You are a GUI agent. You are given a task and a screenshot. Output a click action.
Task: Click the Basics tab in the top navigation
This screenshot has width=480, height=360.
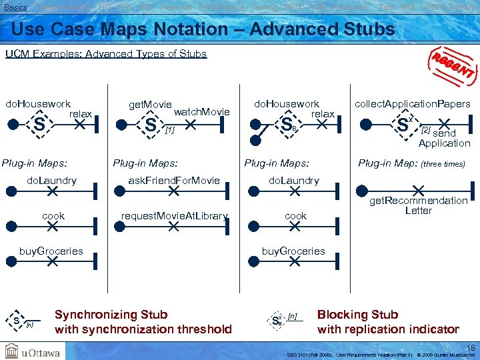point(15,7)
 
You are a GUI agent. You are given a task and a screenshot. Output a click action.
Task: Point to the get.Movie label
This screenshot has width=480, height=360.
point(150,105)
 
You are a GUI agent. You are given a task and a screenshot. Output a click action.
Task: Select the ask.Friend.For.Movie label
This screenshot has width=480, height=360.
point(173,181)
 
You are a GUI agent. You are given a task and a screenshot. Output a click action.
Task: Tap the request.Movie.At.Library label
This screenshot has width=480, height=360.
point(174,215)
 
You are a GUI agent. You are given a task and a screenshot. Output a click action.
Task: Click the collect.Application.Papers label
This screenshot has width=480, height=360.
point(412,104)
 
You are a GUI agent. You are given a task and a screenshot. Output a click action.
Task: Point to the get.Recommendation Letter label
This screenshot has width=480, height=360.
point(419,205)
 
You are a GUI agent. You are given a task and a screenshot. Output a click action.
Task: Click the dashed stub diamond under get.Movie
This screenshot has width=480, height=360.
point(151,125)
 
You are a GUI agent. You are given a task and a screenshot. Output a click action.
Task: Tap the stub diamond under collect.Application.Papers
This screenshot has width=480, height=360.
point(403,125)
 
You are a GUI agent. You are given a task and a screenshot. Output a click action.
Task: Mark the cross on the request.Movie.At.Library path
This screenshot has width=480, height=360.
point(174,227)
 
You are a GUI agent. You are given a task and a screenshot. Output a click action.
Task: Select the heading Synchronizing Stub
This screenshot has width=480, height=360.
point(111,315)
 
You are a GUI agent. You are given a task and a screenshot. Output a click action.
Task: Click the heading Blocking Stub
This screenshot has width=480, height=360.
point(357,315)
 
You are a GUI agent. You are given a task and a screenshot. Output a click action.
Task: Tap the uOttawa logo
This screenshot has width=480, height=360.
point(33,351)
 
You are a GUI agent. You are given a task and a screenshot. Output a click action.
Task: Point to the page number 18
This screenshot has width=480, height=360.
point(471,347)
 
